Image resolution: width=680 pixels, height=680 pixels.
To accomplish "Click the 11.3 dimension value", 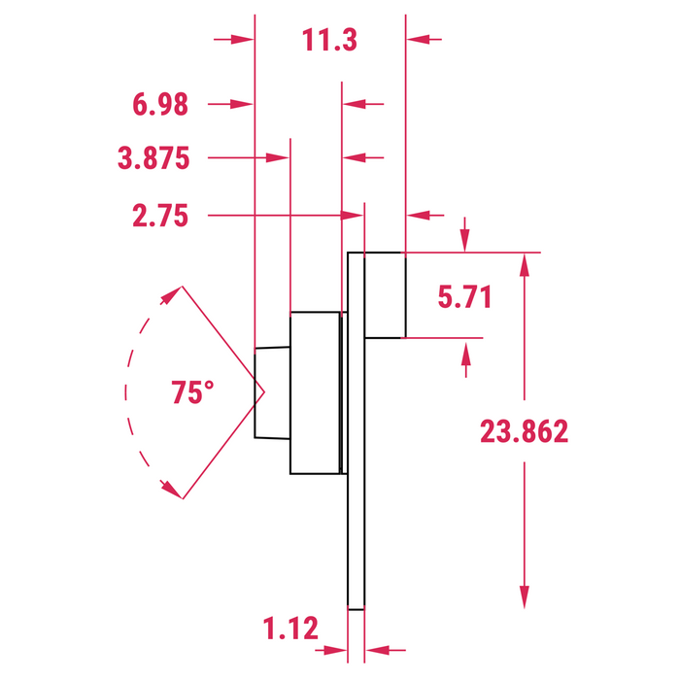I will (x=329, y=41).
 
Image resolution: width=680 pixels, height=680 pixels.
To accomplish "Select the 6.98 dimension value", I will (x=159, y=105).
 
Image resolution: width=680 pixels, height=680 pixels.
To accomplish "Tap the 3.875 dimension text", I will (x=153, y=158).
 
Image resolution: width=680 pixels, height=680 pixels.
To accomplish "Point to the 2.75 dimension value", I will (x=159, y=216).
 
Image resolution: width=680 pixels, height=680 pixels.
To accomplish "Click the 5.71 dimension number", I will (x=464, y=297).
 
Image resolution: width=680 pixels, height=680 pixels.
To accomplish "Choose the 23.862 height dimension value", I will (x=524, y=431).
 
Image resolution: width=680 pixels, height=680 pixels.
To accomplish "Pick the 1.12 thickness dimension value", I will (x=290, y=629).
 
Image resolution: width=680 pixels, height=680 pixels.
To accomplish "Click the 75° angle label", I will (x=192, y=393).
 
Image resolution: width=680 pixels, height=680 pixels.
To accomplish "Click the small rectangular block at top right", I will (x=384, y=294).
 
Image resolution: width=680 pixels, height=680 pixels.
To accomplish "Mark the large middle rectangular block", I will (x=315, y=393).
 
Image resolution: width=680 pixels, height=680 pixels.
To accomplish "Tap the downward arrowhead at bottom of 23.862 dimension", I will (x=525, y=597).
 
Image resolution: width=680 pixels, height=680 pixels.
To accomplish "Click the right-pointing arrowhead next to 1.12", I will (x=336, y=651).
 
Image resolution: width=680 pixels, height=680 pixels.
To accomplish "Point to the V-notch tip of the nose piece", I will (x=263, y=393).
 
